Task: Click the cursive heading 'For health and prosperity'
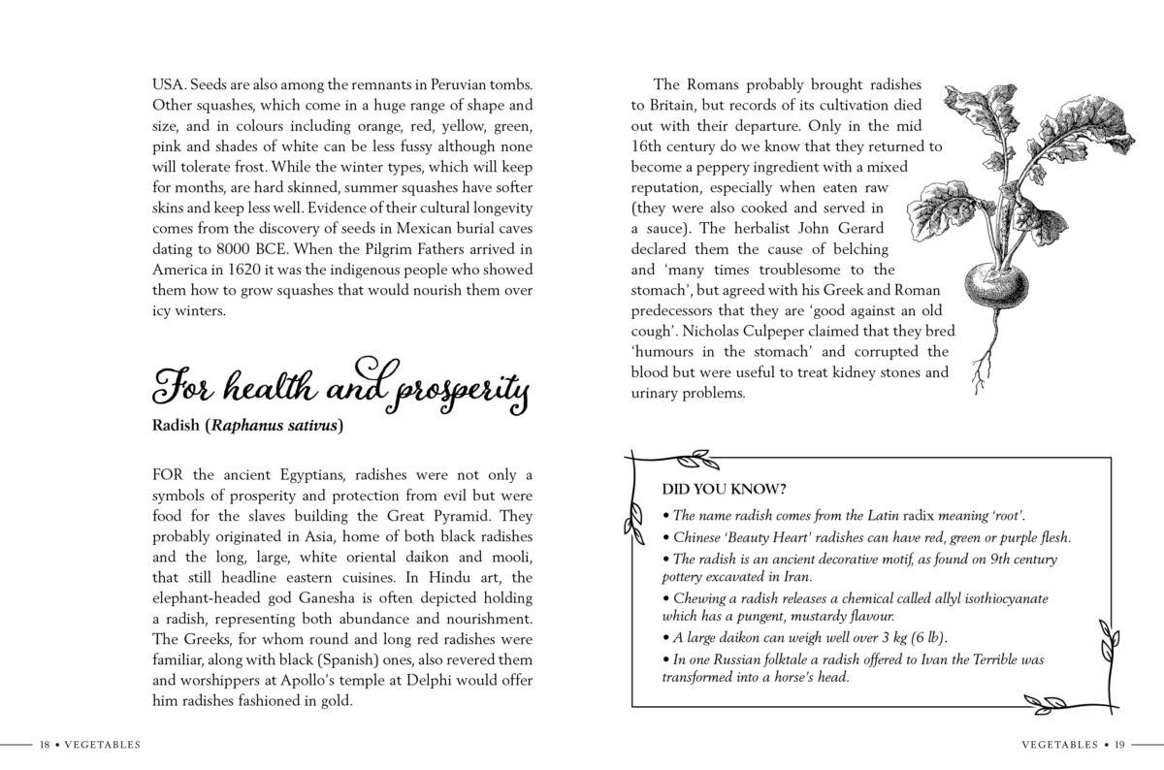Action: click(x=339, y=389)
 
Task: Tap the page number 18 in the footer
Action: click(x=44, y=745)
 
